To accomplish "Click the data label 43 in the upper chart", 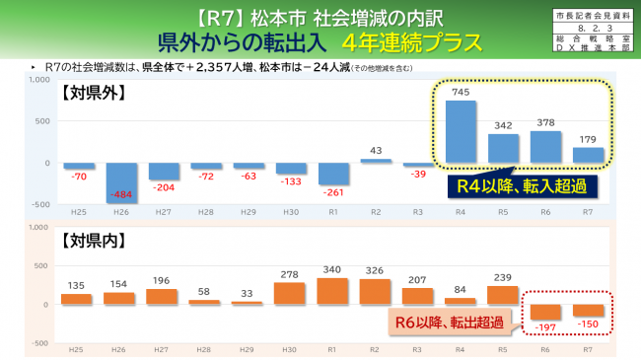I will coord(376,150).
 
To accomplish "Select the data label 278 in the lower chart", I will coord(289,273).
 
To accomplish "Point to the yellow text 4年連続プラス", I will coord(413,43).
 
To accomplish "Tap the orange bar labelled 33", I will coord(248,302).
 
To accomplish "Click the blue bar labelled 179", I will coord(588,155).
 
